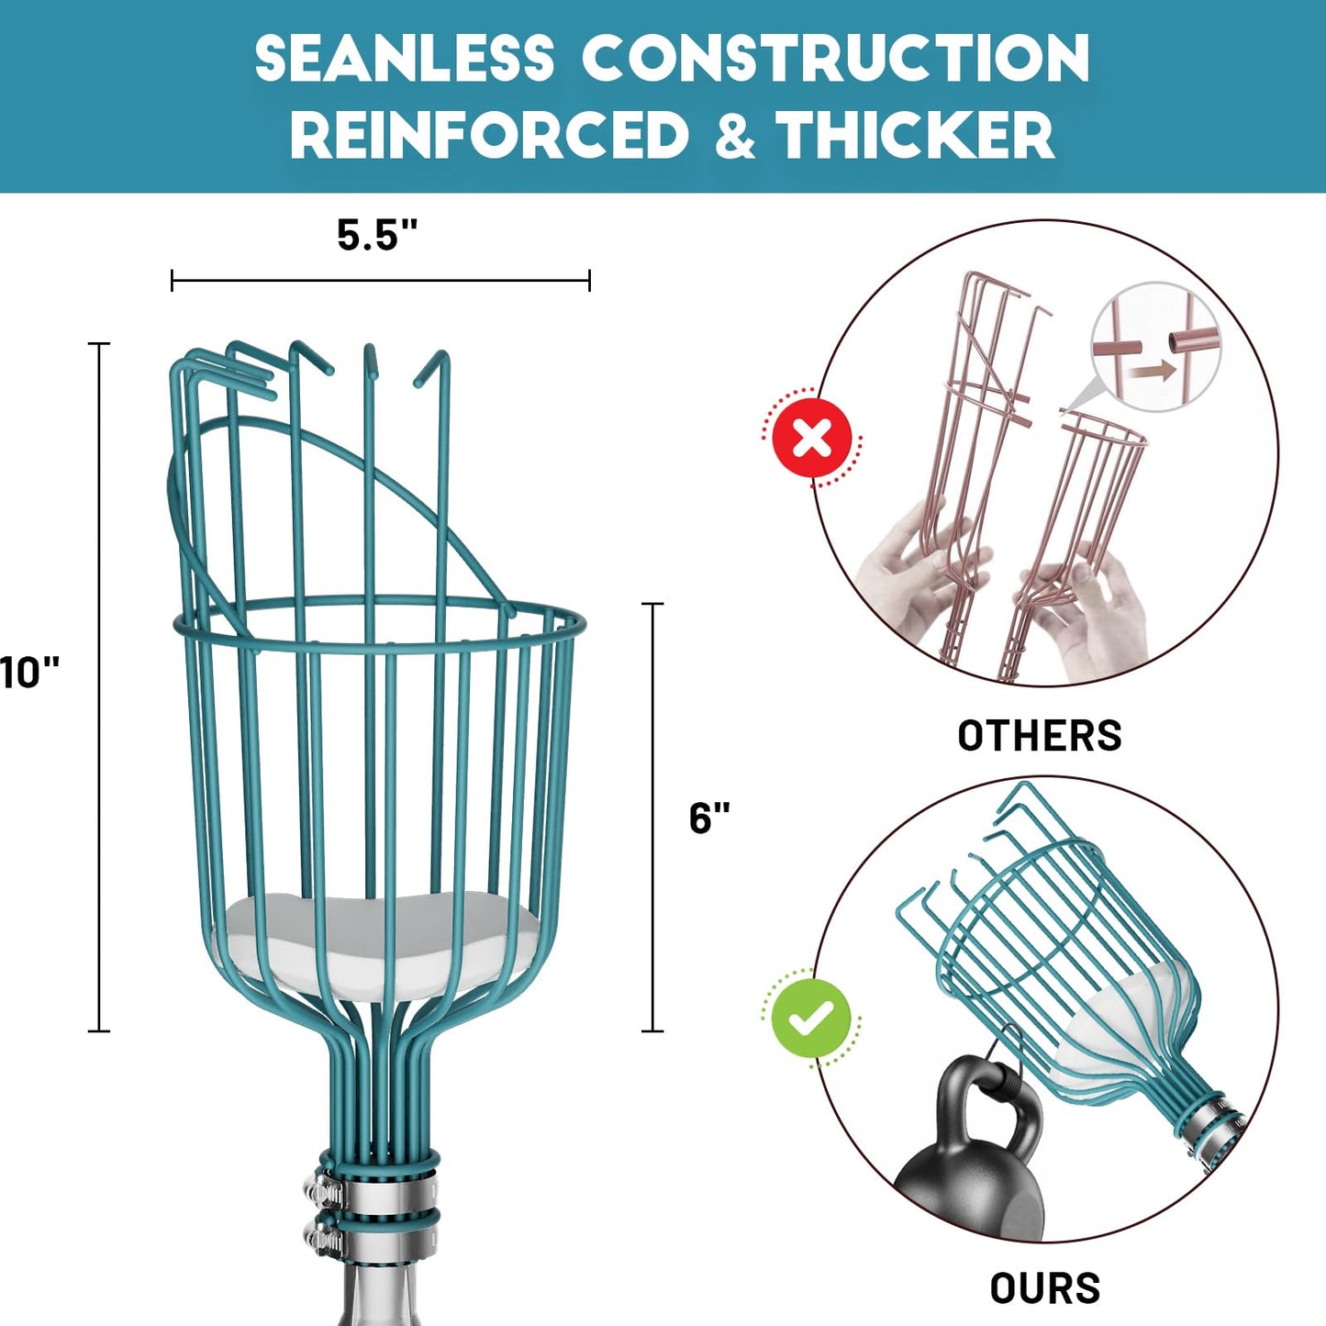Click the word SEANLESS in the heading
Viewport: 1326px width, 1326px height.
click(x=404, y=59)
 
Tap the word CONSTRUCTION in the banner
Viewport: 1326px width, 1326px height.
click(x=835, y=59)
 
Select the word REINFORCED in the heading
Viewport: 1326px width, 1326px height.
click(x=490, y=135)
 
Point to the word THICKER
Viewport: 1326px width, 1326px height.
click(x=917, y=135)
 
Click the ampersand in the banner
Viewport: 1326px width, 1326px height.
click(x=734, y=135)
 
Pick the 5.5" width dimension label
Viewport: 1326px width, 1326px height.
click(x=377, y=235)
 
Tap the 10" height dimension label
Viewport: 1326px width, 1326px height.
click(x=29, y=673)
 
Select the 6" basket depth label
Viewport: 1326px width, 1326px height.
click(x=709, y=818)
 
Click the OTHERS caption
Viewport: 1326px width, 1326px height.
click(x=1040, y=736)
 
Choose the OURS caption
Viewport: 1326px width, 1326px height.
click(x=1045, y=1288)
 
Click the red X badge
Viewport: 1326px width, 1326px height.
click(x=811, y=438)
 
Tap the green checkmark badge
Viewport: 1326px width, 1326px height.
click(x=810, y=1018)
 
